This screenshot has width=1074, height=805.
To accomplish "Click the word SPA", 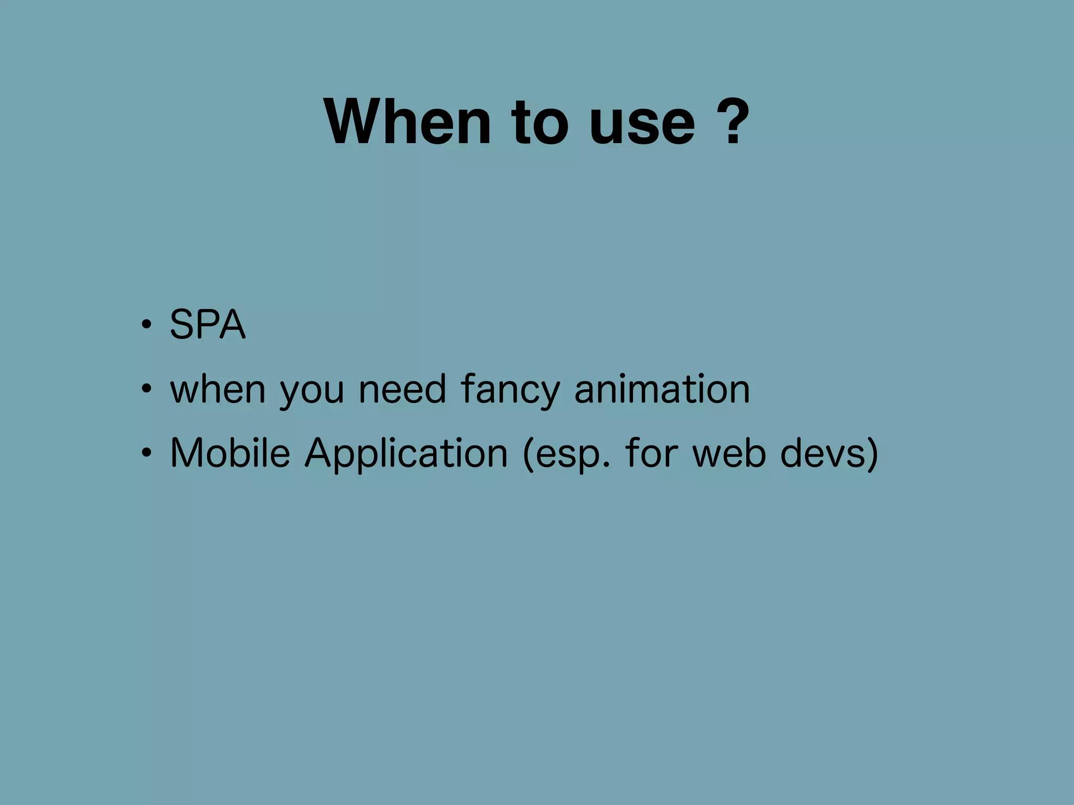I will click(208, 324).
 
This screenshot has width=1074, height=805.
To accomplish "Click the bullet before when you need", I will click(146, 389).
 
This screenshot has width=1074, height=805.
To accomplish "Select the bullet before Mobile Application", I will click(146, 453).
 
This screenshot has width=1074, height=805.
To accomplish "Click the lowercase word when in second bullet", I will click(218, 389).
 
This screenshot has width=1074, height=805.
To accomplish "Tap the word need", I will click(402, 389).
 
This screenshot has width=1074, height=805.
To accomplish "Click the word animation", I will click(662, 389).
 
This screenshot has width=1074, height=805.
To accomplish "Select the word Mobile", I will click(230, 453).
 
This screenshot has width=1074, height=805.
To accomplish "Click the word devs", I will click(822, 453).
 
